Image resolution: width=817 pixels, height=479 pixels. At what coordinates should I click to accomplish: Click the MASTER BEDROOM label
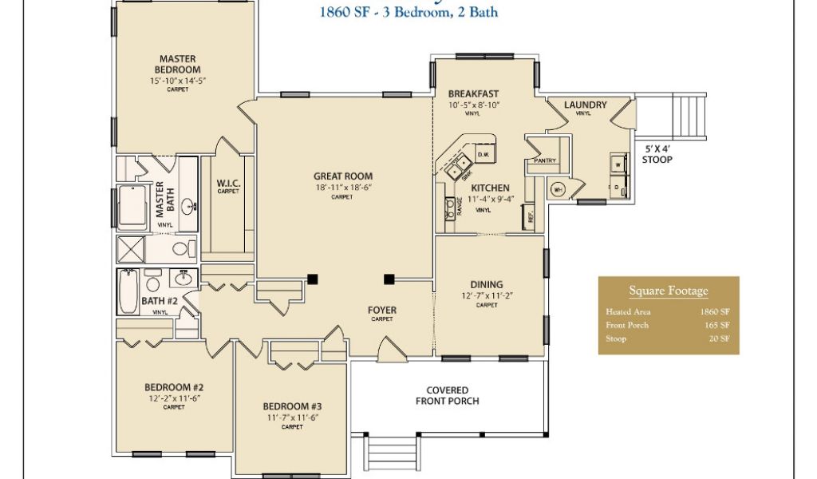178,64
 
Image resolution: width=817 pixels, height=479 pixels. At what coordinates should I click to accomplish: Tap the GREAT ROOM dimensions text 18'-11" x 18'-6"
343,188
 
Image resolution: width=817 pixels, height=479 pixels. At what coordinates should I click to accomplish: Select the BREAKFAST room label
473,93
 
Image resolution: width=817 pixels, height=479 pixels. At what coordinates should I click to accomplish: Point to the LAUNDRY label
585,105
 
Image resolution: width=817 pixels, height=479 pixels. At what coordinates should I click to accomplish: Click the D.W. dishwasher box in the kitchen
483,154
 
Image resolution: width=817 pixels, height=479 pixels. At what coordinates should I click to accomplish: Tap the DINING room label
487,284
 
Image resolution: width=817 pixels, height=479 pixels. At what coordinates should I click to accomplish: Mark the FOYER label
381,310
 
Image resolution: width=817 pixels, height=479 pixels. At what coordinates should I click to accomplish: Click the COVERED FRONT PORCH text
447,395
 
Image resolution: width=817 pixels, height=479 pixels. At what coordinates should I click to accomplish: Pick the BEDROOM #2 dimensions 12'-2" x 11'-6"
173,398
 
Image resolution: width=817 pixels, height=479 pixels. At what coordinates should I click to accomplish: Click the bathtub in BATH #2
128,291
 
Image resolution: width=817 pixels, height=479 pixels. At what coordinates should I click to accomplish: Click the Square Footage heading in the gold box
668,291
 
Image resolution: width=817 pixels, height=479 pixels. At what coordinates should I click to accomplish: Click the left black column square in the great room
314,279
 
